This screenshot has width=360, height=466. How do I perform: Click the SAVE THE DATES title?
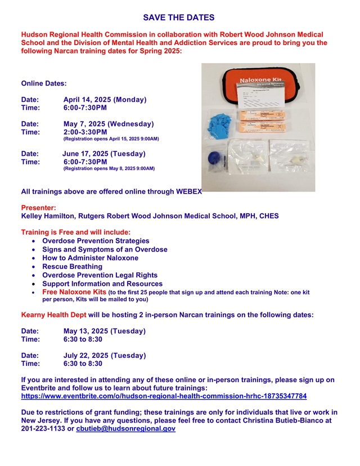[178, 19]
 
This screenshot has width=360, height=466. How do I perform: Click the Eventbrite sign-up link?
[164, 396]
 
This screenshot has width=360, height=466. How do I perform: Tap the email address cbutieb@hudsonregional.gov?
[125, 429]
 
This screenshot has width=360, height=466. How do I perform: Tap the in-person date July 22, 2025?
[105, 355]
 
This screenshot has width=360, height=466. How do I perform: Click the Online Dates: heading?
[44, 83]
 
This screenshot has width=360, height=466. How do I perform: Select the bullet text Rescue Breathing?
[73, 266]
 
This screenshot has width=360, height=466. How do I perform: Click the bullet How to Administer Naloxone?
[90, 258]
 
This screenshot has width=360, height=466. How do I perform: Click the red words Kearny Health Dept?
[53, 314]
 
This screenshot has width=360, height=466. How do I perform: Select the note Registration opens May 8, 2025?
[109, 168]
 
